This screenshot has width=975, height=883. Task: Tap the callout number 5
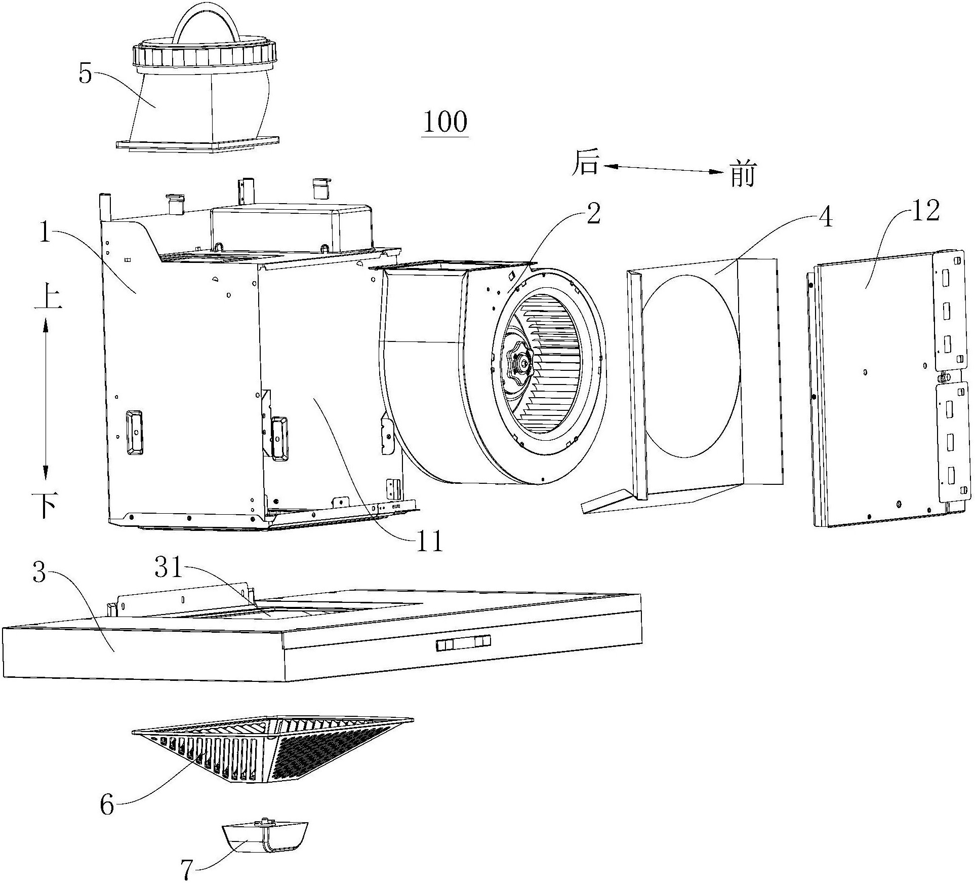(86, 74)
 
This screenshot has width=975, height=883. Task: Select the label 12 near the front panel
(925, 210)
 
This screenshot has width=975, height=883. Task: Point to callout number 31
(168, 568)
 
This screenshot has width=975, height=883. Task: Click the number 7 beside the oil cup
(187, 870)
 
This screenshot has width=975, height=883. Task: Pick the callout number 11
(429, 541)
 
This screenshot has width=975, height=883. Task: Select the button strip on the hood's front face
(463, 643)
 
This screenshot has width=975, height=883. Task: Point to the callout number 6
(107, 804)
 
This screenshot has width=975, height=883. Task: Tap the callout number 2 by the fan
(593, 214)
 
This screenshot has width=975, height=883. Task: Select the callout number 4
(825, 217)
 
